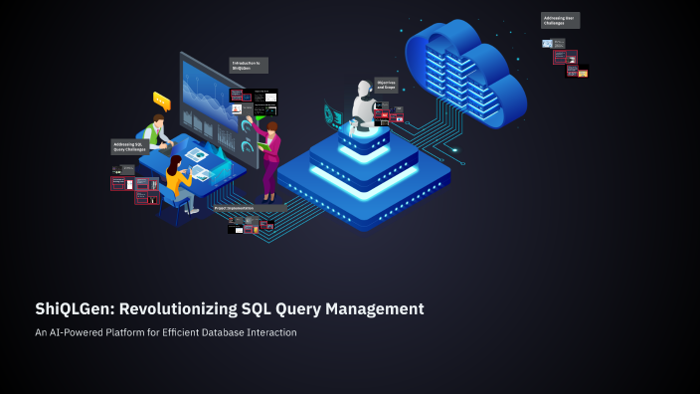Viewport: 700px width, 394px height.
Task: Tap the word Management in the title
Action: click(x=373, y=309)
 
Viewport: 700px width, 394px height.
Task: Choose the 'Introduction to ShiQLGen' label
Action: click(x=248, y=66)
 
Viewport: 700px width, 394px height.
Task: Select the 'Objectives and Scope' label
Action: click(x=388, y=85)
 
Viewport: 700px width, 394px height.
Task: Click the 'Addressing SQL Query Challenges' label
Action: click(x=128, y=146)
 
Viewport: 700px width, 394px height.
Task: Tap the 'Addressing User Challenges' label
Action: click(x=560, y=20)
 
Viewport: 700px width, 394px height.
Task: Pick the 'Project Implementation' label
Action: click(x=235, y=209)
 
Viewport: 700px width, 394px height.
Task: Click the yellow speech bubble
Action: click(x=161, y=100)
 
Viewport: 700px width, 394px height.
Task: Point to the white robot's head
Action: click(x=363, y=91)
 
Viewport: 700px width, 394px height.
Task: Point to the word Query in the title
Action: click(x=297, y=309)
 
